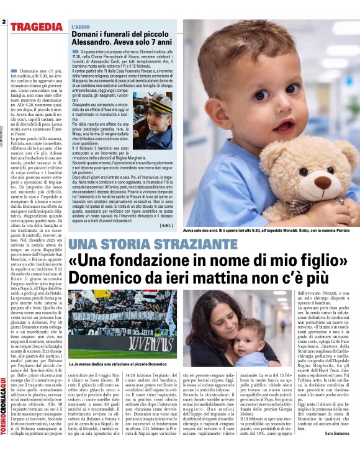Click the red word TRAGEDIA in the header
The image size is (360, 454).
(37, 27)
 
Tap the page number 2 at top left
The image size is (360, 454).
(4, 22)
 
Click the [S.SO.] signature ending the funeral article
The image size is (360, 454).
(166, 225)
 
